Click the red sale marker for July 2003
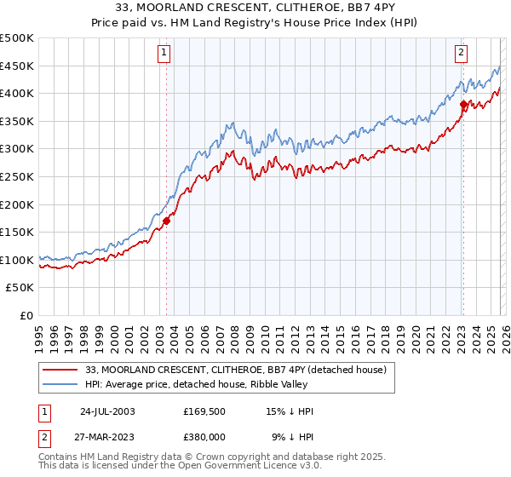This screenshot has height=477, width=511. coord(166,221)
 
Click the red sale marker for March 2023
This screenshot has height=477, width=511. coord(463,105)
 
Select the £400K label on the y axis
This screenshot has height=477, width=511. coord(17,93)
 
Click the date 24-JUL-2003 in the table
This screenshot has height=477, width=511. coord(107,411)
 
